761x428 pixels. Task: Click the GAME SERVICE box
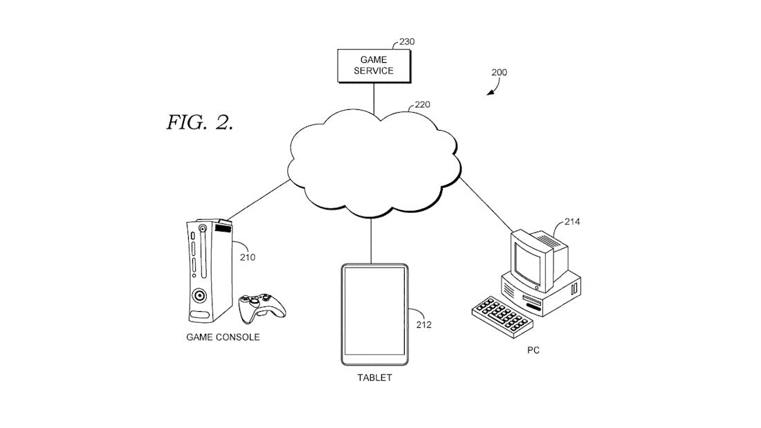(374, 65)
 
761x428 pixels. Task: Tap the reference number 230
(407, 41)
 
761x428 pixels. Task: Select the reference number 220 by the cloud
(422, 106)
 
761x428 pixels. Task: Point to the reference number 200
(499, 72)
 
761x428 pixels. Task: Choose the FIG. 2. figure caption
(200, 123)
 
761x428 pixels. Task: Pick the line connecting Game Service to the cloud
(374, 97)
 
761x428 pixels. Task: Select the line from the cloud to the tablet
(372, 239)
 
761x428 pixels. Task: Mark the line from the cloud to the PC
(484, 201)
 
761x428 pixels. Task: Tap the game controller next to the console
(261, 308)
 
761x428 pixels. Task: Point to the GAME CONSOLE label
(223, 337)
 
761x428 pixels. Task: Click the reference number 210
(248, 258)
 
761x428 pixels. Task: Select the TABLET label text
(374, 378)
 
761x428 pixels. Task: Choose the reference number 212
(423, 324)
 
